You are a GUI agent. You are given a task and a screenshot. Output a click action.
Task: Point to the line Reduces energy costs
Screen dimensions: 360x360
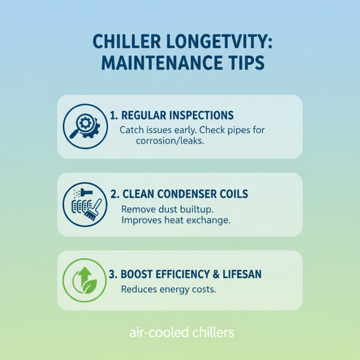point(169,289)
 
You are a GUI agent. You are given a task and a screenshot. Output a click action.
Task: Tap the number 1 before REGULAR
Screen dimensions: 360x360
point(114,115)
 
